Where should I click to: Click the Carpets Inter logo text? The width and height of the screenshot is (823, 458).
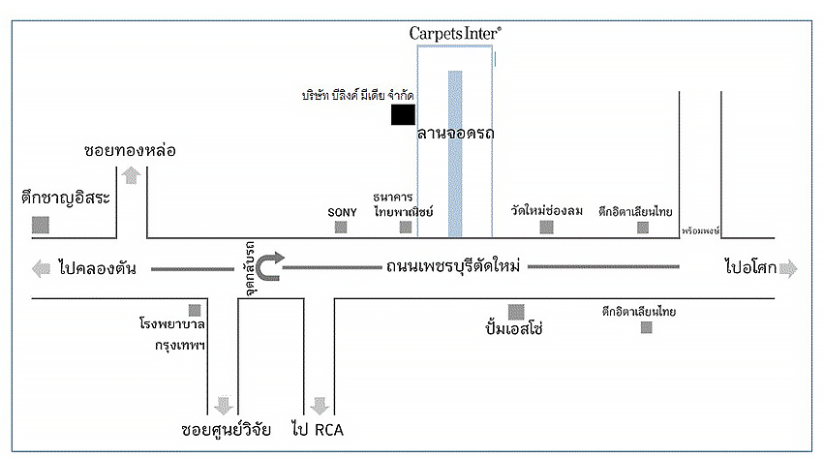454,32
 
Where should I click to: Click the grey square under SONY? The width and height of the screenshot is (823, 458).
341,228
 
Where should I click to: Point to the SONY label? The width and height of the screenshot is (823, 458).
343,211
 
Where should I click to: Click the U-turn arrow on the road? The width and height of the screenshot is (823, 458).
272,265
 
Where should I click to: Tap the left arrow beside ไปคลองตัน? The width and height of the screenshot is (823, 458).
42,268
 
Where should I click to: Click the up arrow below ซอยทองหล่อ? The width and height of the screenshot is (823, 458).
131,175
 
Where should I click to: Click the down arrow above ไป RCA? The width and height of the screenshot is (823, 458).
319,404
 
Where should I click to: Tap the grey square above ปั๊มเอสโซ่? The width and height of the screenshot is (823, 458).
516,312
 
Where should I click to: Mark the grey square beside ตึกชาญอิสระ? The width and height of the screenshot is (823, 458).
41,225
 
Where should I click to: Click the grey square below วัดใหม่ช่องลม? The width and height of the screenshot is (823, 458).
547,228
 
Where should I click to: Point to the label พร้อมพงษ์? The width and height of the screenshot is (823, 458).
699,232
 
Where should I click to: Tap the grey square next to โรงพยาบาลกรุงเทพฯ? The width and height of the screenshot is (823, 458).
196,311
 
